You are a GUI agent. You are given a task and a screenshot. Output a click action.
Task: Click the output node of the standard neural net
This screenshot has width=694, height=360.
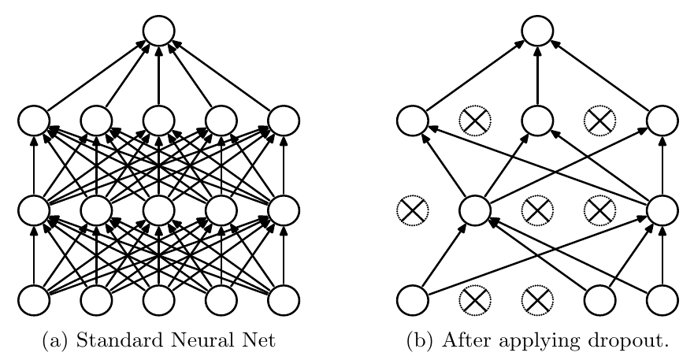[x=158, y=31]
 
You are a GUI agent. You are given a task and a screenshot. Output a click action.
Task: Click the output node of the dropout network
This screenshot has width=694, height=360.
[x=537, y=31]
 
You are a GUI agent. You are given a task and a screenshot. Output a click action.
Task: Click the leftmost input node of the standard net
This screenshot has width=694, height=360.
[x=34, y=299]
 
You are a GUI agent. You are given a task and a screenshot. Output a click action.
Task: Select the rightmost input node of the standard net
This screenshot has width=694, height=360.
[x=284, y=299]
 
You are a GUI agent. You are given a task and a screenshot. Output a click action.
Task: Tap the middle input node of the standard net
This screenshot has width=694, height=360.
[x=158, y=299]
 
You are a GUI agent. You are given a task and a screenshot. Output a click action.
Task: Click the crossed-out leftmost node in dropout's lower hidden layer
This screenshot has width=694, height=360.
[x=411, y=210]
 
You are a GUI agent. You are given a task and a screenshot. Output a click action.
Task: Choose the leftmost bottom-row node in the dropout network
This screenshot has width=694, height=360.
[x=411, y=299]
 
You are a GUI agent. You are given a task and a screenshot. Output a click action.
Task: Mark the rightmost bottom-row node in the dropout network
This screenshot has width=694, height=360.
[x=662, y=299]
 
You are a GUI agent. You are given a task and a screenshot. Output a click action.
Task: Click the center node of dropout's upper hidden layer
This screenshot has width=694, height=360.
[x=537, y=120]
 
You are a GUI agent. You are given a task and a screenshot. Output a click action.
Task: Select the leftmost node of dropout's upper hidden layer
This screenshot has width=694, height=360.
[x=411, y=120]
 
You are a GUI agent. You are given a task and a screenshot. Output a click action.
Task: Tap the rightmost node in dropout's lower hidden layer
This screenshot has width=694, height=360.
[x=662, y=210]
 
